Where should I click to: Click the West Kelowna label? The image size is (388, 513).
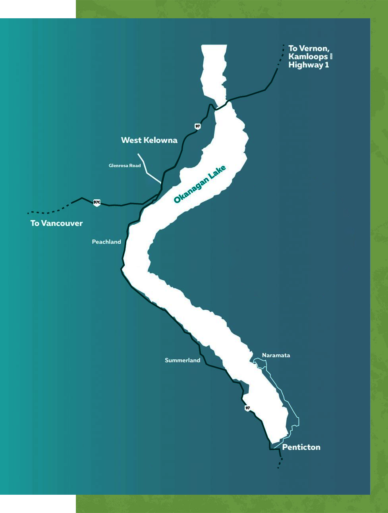149,140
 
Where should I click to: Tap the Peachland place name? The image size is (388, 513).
106,242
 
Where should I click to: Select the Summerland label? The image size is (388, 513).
182,360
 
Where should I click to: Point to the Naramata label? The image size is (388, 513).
276,355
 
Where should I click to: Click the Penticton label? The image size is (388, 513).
301,447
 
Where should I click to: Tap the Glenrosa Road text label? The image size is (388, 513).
125,166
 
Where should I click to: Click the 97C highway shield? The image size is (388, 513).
97,202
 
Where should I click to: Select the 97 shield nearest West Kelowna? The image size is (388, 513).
198,126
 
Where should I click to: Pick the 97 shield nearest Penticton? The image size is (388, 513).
248,408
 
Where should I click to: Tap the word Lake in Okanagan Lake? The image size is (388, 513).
218,172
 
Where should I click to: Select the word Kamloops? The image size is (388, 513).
308,57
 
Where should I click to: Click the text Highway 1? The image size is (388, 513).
309,65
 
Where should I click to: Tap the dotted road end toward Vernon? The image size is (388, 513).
281,56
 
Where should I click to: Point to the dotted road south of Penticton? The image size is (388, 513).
280,463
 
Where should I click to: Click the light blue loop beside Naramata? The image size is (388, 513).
260,363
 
